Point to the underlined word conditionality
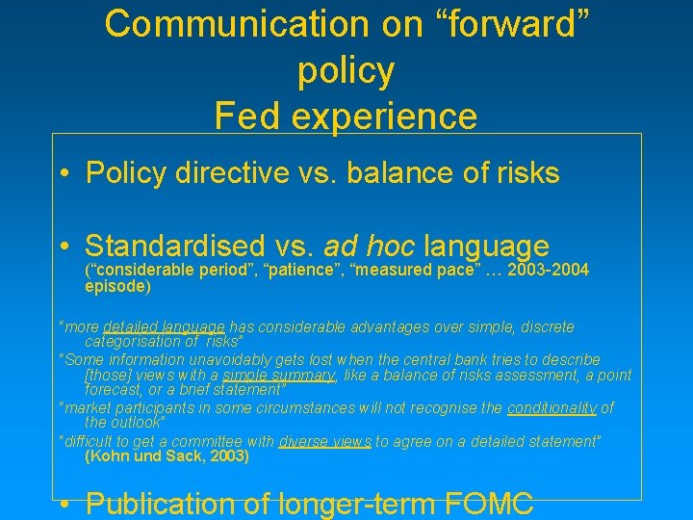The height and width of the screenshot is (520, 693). coord(552,407)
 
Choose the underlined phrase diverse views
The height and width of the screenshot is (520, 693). coord(325,441)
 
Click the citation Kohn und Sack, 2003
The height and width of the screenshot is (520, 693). coord(167,456)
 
